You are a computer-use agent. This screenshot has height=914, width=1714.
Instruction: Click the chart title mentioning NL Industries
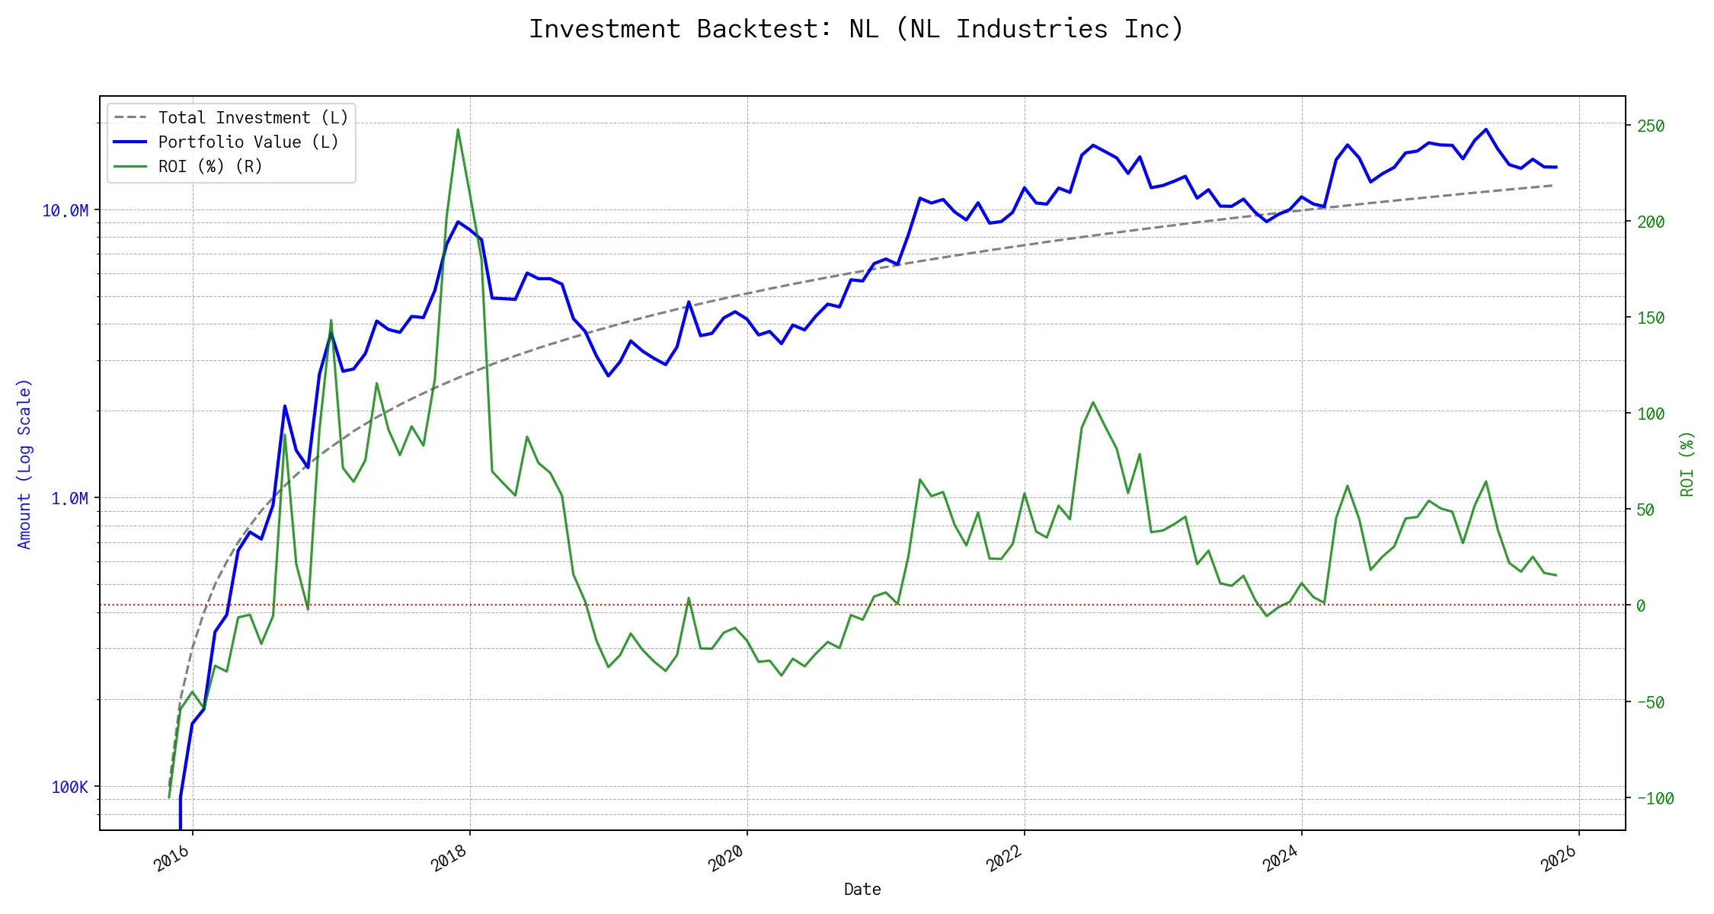click(x=856, y=29)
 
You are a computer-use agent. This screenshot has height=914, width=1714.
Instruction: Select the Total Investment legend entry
click(x=252, y=118)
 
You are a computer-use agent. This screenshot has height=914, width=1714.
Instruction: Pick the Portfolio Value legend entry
click(x=248, y=142)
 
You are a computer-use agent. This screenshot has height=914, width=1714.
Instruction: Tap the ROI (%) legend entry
click(x=209, y=167)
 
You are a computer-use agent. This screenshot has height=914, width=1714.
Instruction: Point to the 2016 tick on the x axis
click(x=172, y=858)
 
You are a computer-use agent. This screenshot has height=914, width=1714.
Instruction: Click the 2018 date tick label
click(x=449, y=858)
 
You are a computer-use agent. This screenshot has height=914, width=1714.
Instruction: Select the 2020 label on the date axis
click(x=727, y=858)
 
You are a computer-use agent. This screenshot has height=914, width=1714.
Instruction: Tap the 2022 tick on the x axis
click(x=1004, y=858)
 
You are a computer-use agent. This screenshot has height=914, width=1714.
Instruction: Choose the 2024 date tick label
click(x=1281, y=858)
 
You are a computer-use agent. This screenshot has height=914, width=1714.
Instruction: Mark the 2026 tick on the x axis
click(x=1559, y=858)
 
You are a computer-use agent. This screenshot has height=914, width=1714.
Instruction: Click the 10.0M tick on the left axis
click(x=65, y=211)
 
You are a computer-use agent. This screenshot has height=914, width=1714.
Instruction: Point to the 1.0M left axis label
click(x=69, y=499)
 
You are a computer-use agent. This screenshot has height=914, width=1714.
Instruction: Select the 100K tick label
click(x=69, y=788)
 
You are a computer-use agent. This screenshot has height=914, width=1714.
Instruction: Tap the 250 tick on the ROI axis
click(x=1651, y=126)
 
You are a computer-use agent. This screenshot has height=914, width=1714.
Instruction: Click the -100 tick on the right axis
click(x=1655, y=799)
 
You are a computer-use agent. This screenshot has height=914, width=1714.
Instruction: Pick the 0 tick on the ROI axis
click(x=1641, y=606)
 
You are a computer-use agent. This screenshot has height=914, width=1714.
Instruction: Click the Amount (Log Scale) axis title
click(x=24, y=464)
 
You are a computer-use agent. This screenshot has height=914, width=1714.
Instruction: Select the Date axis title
click(x=862, y=890)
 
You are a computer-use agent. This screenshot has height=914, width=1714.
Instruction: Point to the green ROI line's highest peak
click(x=458, y=129)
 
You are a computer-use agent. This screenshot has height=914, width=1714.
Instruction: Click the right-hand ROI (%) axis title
click(x=1687, y=464)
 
